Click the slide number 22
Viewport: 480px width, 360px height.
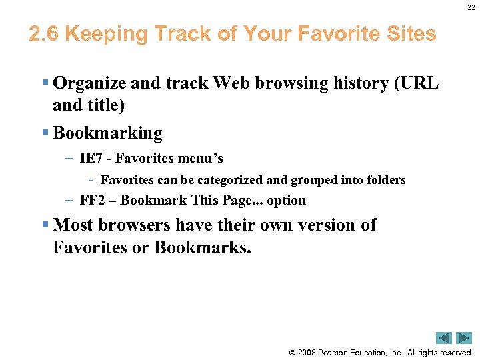tap(470, 8)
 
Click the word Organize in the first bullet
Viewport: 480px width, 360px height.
tap(90, 83)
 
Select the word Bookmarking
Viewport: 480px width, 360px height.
tap(107, 133)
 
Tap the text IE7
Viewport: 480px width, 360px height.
tap(90, 158)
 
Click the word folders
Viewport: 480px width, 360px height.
tap(385, 180)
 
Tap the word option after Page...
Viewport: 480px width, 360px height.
tap(286, 200)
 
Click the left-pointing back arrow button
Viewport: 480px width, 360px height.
tap(444, 338)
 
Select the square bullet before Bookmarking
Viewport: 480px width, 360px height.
tap(45, 133)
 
